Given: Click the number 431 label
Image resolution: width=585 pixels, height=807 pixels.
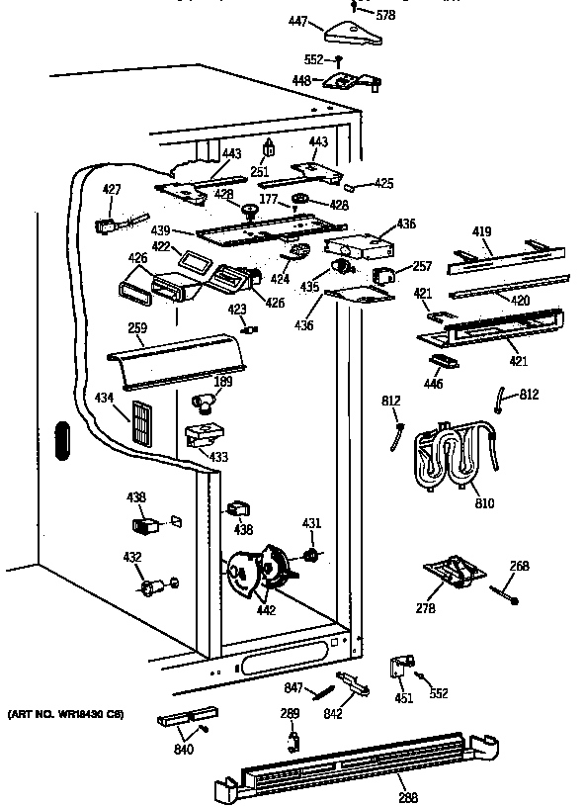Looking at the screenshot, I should click(x=311, y=523).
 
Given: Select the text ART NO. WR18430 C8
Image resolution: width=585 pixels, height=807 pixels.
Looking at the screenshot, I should click(x=65, y=713).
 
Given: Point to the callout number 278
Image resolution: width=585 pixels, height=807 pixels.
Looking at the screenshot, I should click(x=426, y=609).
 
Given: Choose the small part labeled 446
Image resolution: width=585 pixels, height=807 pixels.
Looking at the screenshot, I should click(x=448, y=359).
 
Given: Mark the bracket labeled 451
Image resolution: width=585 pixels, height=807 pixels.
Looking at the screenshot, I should click(x=401, y=668).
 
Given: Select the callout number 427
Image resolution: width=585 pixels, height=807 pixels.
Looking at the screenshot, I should click(x=112, y=189).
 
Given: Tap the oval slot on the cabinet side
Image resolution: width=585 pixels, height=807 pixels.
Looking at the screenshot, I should click(x=59, y=441).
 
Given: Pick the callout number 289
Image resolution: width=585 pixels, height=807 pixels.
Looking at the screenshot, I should click(x=289, y=713).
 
